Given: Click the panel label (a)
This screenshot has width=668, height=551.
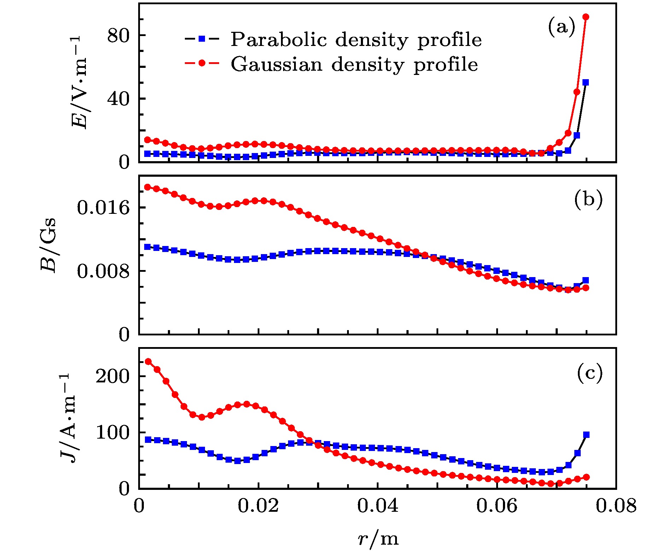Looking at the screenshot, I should click(562, 27).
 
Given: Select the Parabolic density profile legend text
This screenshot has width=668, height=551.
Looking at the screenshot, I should click(356, 40).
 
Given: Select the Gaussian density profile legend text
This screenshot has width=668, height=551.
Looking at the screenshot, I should click(354, 64).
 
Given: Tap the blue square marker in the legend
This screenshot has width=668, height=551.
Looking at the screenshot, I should click(202, 39).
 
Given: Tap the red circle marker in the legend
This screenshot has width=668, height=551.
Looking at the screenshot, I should click(202, 63).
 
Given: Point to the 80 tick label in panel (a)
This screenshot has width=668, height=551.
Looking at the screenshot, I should click(117, 36).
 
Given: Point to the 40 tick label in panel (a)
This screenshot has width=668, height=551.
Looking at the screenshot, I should click(117, 99).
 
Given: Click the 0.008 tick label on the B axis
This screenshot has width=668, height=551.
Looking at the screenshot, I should click(103, 271).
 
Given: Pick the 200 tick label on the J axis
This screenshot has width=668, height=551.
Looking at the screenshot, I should click(113, 376).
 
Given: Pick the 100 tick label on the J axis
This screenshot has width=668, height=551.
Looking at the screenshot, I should click(113, 433).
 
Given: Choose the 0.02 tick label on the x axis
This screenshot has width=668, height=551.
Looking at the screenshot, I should click(258, 506).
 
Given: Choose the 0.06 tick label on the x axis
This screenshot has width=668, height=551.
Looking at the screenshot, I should click(497, 506).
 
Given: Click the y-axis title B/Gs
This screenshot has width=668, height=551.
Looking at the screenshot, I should click(48, 245).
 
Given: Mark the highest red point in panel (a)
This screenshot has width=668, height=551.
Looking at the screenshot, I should click(586, 17).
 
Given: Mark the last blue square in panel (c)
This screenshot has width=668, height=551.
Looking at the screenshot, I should click(586, 435).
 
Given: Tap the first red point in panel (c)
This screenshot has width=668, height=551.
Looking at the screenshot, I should click(148, 362).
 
